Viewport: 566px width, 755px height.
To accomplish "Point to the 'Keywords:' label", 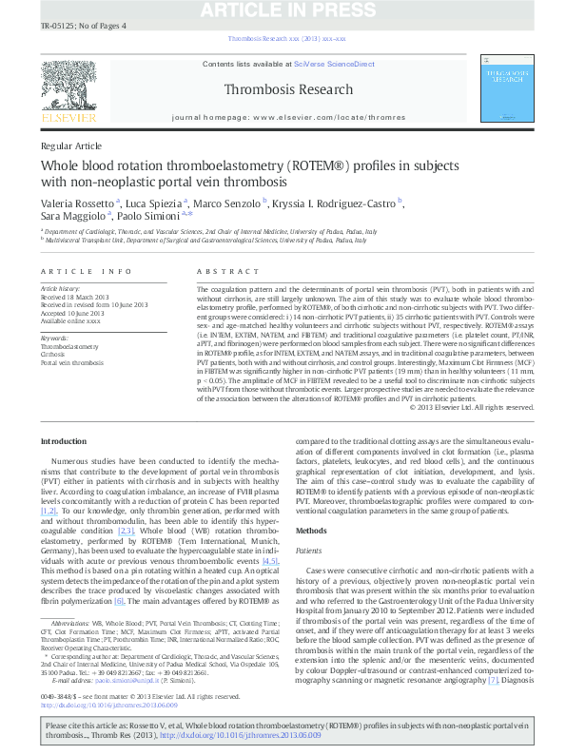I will [x=55, y=338].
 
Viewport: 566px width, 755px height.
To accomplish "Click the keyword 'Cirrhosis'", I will [x=55, y=355].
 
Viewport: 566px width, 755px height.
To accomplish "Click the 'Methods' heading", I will [x=311, y=530].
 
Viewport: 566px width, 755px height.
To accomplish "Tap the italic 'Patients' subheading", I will [x=309, y=551].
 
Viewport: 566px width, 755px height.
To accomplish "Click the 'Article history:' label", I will [x=61, y=287].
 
